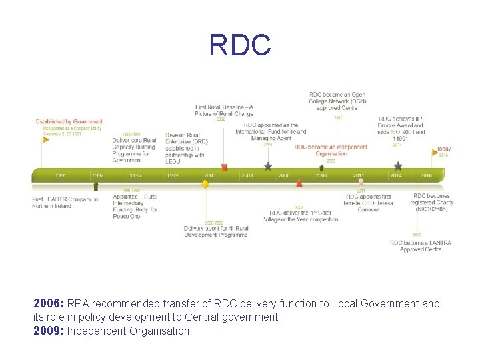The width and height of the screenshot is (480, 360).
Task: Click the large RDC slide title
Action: (240, 45)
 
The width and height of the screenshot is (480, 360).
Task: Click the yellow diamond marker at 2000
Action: (205, 184)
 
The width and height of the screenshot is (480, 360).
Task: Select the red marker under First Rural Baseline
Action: (224, 167)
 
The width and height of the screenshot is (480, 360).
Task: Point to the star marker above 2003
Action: (268, 166)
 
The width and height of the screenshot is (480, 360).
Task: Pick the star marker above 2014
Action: (398, 165)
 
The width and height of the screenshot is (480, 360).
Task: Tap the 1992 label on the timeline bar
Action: (97, 175)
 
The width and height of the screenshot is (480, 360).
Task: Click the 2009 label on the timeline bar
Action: (321, 175)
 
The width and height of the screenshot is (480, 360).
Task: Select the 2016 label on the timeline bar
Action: (426, 175)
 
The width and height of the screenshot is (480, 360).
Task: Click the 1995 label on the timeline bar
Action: (135, 175)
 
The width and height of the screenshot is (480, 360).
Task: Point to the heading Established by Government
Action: (69, 121)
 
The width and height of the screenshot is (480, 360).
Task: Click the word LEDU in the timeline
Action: (173, 161)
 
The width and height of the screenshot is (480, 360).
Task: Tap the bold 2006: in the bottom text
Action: (49, 303)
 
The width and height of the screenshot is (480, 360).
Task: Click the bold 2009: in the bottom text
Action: (49, 331)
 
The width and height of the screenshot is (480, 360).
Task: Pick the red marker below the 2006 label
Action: (299, 182)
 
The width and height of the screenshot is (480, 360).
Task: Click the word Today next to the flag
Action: (443, 149)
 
